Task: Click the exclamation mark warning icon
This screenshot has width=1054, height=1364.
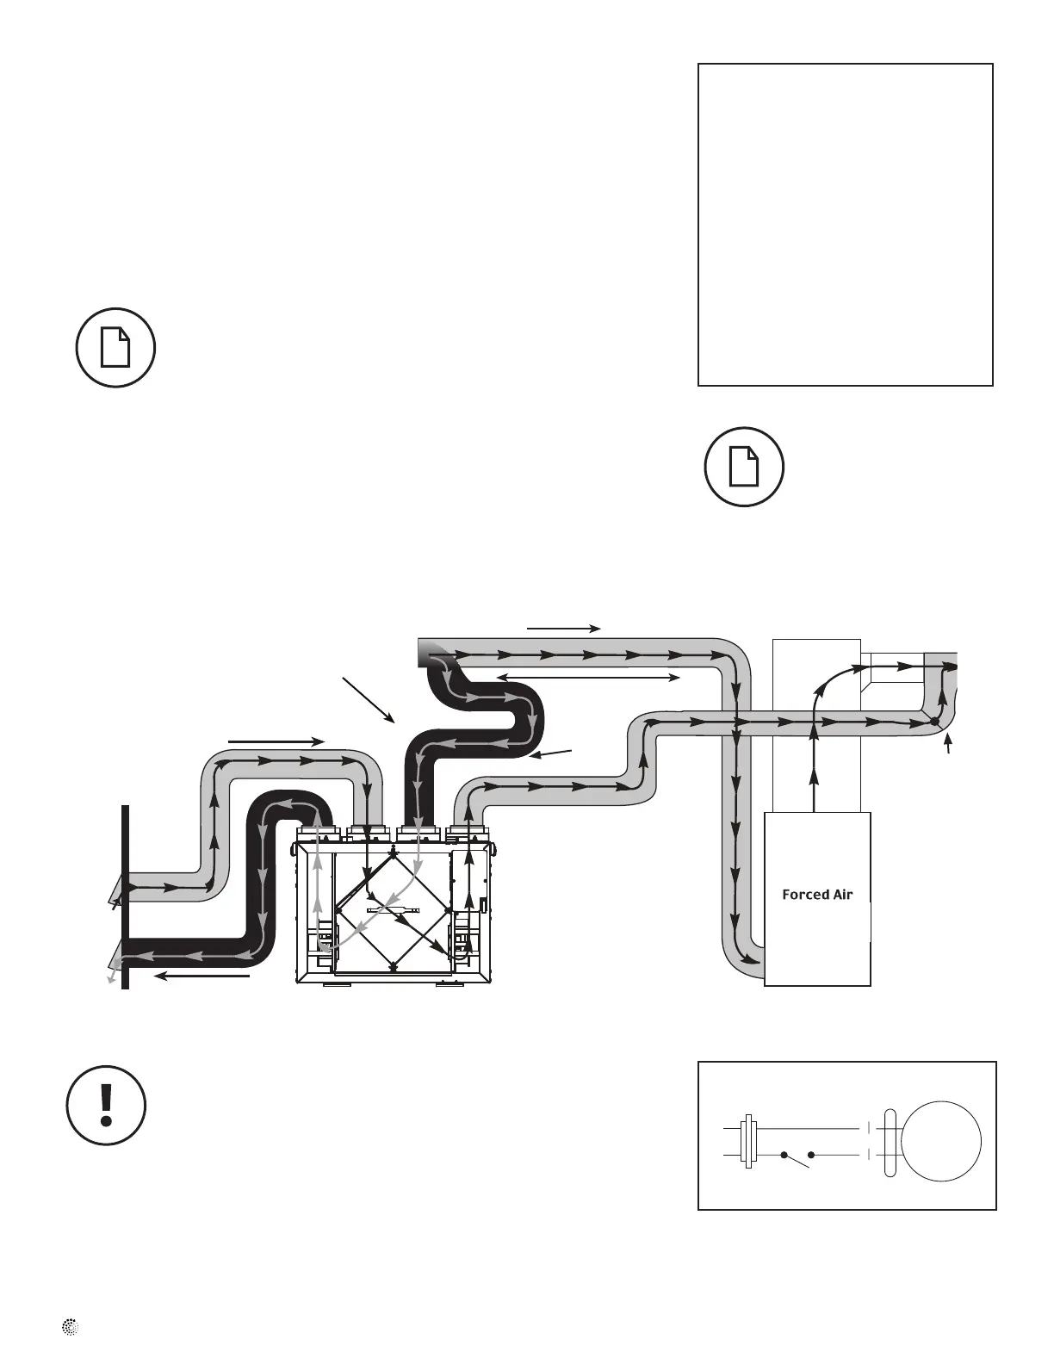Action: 107,1105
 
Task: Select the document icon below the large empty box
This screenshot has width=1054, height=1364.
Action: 744,467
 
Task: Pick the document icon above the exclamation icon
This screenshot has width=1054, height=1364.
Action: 115,347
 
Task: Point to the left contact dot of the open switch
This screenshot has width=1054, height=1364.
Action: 784,1155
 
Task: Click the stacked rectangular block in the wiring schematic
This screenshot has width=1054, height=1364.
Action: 749,1141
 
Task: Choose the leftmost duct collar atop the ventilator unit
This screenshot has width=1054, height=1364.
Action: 319,834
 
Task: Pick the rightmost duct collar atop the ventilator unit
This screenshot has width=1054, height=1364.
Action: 468,834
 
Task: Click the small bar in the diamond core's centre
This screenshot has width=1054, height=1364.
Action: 393,910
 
